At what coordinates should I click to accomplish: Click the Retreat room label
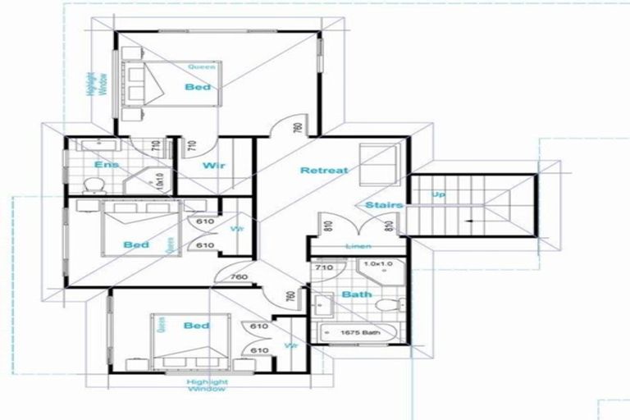pyautogui.click(x=324, y=171)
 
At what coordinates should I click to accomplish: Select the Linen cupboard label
pyautogui.click(x=357, y=246)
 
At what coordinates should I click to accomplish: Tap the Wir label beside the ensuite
pyautogui.click(x=214, y=165)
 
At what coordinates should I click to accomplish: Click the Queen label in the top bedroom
pyautogui.click(x=201, y=66)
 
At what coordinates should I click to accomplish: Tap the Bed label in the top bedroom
pyautogui.click(x=198, y=86)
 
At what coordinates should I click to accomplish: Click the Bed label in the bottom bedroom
pyautogui.click(x=197, y=326)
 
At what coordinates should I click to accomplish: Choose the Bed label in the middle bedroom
pyautogui.click(x=136, y=244)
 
